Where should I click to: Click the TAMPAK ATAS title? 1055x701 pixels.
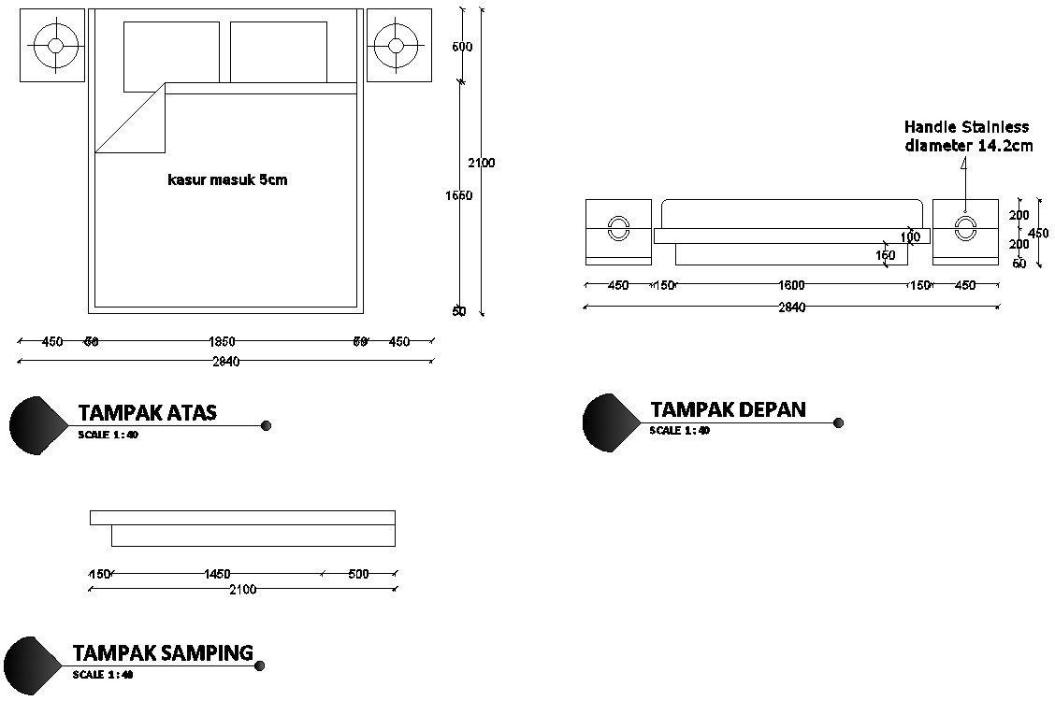pos(147,412)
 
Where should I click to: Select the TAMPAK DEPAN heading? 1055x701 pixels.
pos(728,409)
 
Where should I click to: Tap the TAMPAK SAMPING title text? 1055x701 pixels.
pos(163,652)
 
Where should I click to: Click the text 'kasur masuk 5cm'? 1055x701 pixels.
pos(227,180)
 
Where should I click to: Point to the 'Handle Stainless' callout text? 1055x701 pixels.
pos(966,127)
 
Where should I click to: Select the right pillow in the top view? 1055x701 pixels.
pos(278,52)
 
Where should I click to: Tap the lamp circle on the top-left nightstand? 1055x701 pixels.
pos(55,45)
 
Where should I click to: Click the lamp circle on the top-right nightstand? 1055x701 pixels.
pos(396,45)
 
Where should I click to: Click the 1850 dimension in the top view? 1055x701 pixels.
pos(221,342)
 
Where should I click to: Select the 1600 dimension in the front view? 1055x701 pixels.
pos(791,285)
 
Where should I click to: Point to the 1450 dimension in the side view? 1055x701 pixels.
pos(217,574)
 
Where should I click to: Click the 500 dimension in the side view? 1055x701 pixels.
pos(358,574)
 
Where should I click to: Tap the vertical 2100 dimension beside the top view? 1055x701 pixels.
pos(482,163)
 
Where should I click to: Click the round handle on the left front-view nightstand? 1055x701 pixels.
pos(618,228)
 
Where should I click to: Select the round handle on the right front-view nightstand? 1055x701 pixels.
pos(965,228)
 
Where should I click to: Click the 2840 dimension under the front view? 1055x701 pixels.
pos(791,308)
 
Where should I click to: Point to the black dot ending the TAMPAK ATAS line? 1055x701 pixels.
pos(266,425)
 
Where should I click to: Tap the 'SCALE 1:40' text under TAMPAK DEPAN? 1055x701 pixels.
pos(680,431)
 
